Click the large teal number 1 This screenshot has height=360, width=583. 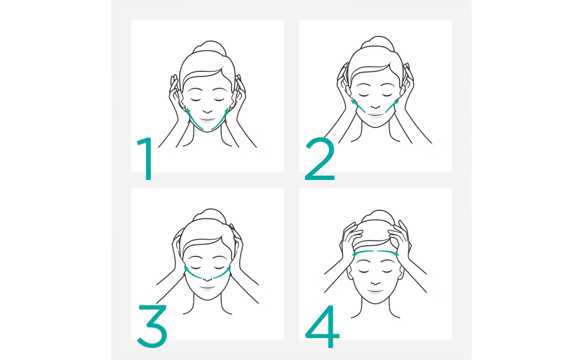(x=148, y=159)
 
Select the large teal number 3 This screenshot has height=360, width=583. (x=152, y=326)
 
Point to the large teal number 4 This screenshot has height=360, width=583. (x=322, y=326)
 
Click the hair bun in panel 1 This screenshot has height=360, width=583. (x=210, y=48)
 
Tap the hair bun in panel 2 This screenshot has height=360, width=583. (x=377, y=43)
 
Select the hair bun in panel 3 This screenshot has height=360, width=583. (x=210, y=216)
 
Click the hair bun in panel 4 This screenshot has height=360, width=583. (x=378, y=217)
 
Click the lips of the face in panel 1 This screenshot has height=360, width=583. (x=208, y=120)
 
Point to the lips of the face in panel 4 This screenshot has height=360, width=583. (x=376, y=290)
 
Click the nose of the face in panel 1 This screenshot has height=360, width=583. (x=208, y=111)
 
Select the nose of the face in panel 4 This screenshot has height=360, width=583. (x=376, y=282)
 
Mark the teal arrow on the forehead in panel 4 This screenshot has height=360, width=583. (x=375, y=253)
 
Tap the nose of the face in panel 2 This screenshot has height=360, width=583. (x=375, y=107)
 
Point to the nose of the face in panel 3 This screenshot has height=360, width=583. (x=208, y=278)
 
